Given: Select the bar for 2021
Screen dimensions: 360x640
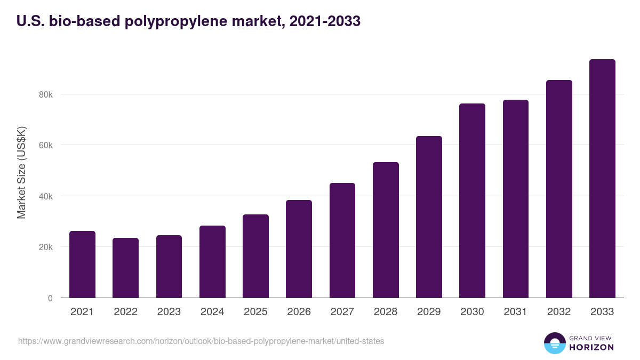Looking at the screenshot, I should [82, 265].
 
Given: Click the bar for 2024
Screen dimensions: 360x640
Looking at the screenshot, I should [212, 262].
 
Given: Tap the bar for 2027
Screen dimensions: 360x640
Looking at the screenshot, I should [342, 241].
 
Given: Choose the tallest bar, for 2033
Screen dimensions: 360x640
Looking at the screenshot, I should [602, 179].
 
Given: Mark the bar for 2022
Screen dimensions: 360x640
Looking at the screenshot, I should [125, 268].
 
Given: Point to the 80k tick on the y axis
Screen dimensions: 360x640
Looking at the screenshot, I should [45, 94].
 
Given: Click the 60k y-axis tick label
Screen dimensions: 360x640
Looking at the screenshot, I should [45, 145].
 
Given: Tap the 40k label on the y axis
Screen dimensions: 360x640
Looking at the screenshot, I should [45, 196].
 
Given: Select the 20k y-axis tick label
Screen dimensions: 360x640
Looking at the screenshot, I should [45, 247].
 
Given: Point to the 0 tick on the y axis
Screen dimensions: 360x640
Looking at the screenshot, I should [50, 298].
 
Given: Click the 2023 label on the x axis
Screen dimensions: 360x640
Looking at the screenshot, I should [169, 312].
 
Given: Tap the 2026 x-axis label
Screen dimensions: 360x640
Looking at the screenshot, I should [299, 312].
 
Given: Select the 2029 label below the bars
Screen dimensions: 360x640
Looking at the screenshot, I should [429, 312].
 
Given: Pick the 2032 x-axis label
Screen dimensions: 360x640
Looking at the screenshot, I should [559, 312].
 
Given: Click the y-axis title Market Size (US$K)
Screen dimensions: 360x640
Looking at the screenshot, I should [21, 172].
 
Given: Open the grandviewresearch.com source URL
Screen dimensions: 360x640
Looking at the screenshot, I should [201, 341].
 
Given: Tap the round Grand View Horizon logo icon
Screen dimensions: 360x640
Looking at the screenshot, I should [554, 343].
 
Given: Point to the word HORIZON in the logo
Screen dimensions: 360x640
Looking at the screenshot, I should [592, 347].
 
